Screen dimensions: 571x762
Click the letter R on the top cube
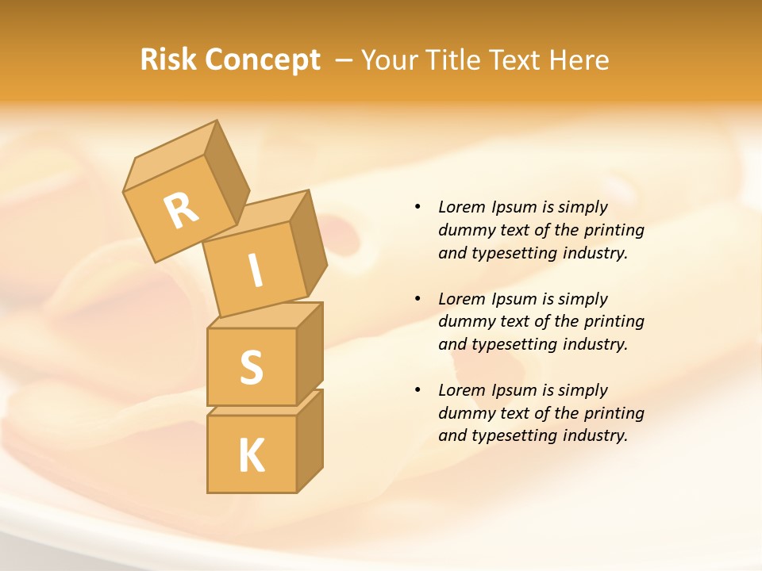pyautogui.click(x=181, y=210)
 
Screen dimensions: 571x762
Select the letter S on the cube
pyautogui.click(x=251, y=367)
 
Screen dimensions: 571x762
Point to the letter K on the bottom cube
pyautogui.click(x=252, y=455)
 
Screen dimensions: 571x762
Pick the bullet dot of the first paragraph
pyautogui.click(x=418, y=207)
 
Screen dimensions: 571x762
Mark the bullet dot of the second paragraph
pyautogui.click(x=418, y=299)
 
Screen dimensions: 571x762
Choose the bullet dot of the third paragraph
pyautogui.click(x=418, y=390)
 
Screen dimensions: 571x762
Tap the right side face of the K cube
pyautogui.click(x=310, y=440)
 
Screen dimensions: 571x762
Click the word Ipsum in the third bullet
pyautogui.click(x=514, y=390)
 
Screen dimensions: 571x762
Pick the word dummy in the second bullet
pyautogui.click(x=464, y=322)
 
